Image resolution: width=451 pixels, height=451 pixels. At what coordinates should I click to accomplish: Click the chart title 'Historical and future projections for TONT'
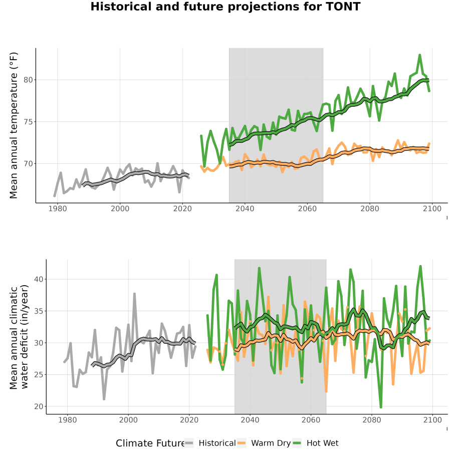point(225,7)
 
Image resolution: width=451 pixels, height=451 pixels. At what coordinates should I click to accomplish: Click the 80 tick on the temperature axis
point(28,80)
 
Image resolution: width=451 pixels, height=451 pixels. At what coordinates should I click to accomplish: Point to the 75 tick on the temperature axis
point(28,122)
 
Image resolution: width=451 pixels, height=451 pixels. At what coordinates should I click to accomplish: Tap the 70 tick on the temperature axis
point(28,164)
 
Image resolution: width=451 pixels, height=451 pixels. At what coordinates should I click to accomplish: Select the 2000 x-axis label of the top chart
point(120,208)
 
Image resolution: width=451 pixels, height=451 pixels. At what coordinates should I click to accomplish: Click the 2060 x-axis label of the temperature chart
point(307,208)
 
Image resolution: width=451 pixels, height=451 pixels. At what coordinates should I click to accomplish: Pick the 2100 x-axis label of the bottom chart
point(432,420)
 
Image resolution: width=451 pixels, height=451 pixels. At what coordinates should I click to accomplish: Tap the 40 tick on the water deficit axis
point(39,279)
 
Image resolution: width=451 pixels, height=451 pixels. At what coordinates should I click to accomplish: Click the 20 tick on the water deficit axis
point(39,407)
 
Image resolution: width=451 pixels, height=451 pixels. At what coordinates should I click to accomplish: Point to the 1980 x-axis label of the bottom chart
point(68,420)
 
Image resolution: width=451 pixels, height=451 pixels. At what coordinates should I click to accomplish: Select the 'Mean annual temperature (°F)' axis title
point(14,125)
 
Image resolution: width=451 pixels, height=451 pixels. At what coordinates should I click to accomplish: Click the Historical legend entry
point(210,443)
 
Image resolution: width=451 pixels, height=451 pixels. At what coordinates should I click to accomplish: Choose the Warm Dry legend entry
point(264,443)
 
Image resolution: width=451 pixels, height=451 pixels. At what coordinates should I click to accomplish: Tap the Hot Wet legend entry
point(316,443)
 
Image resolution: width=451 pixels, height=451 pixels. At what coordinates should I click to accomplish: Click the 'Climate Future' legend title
point(150,443)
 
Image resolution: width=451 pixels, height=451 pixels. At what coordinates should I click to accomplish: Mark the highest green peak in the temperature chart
point(420,55)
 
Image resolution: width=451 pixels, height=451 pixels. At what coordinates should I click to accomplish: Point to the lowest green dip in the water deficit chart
point(381,407)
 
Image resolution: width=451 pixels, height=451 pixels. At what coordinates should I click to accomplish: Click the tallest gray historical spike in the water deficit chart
point(134,294)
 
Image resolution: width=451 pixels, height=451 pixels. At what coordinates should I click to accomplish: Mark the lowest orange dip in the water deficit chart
point(326,391)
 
